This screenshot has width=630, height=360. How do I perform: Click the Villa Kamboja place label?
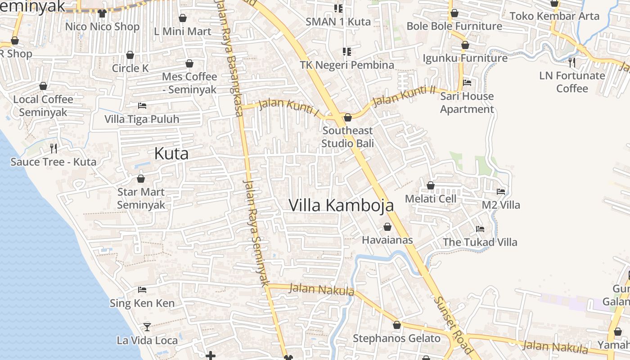pos(341,205)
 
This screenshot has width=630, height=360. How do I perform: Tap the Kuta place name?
pos(171,153)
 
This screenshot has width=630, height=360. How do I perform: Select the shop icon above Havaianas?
pos(387,227)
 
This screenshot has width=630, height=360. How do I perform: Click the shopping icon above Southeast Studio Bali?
pos(347,117)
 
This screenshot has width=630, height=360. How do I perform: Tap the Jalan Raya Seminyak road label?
pos(256,233)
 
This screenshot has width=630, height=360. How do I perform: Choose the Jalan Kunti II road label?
pos(404,95)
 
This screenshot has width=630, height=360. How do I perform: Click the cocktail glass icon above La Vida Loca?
pos(147,327)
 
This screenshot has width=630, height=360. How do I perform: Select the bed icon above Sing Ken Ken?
pos(142,289)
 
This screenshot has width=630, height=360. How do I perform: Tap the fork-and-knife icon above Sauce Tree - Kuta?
pos(53,148)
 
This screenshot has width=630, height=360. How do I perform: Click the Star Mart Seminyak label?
pos(141,198)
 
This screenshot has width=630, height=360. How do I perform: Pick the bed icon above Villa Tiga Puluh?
pos(142,106)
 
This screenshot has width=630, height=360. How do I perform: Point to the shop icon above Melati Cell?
pos(431,185)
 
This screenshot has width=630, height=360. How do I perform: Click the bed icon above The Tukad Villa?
pos(480,229)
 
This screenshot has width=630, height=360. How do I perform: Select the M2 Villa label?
pos(501,205)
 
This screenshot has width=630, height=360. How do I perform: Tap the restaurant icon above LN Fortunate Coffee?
pos(572,62)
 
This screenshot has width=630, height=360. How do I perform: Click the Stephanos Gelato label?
pos(396,338)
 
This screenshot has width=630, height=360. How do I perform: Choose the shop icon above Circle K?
pos(130,55)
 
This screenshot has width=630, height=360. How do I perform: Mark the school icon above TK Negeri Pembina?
pos(346,52)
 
